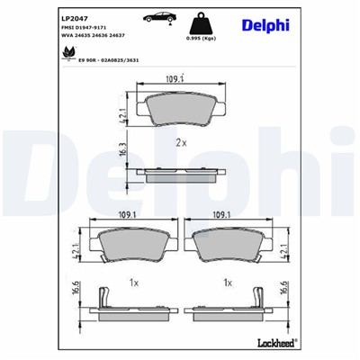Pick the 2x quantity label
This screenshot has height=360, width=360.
[180, 143]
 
